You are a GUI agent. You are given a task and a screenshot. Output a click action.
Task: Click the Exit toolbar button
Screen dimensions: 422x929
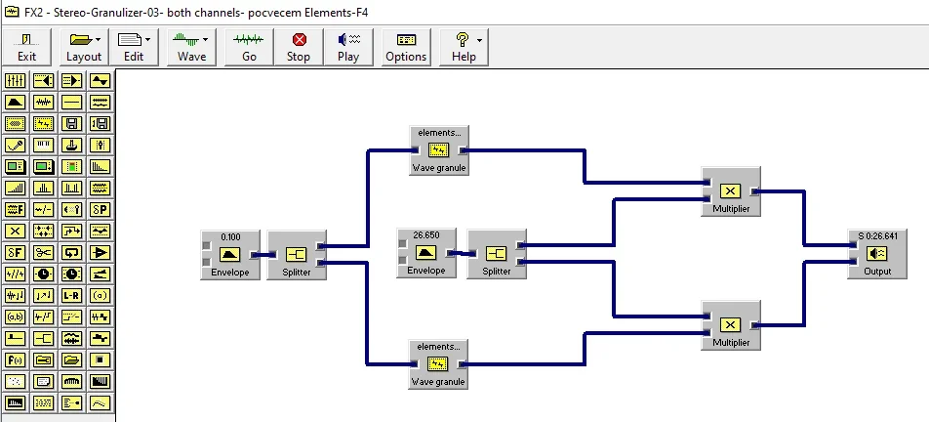(x=27, y=46)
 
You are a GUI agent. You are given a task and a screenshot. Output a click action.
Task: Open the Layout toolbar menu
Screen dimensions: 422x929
(x=84, y=46)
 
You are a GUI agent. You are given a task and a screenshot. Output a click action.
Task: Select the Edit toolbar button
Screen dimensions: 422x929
(x=134, y=46)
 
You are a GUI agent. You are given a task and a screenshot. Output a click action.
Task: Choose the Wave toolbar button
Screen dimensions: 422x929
(x=191, y=46)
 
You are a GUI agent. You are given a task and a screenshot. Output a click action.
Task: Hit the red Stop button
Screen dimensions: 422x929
(x=299, y=46)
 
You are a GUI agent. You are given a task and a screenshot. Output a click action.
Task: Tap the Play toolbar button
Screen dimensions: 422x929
(x=348, y=46)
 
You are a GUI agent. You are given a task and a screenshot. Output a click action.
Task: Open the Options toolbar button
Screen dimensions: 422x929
(x=406, y=46)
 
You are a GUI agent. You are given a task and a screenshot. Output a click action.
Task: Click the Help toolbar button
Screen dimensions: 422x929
(x=464, y=46)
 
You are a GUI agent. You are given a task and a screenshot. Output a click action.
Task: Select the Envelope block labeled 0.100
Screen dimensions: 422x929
(x=230, y=255)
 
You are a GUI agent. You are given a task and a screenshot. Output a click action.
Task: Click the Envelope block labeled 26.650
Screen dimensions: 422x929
(x=426, y=254)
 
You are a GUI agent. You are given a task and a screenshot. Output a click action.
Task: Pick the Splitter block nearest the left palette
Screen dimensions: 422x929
(x=297, y=255)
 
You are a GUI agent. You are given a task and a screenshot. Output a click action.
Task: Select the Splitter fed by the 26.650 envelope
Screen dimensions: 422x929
(x=496, y=254)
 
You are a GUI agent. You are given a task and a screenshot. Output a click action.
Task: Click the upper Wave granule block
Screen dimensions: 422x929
(x=438, y=149)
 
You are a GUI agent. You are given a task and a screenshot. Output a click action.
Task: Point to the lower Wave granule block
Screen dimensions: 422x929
(x=438, y=364)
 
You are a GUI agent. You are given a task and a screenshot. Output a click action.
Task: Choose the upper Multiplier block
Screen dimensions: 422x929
(x=731, y=191)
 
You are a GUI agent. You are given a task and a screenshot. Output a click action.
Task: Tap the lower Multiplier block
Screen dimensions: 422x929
(x=731, y=325)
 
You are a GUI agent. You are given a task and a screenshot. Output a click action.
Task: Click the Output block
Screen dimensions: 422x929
(x=877, y=254)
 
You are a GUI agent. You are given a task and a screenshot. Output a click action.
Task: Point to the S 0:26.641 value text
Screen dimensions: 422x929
(x=877, y=236)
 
